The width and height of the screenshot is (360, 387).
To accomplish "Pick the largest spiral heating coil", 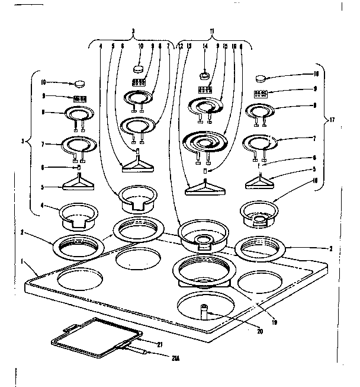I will click(205, 143).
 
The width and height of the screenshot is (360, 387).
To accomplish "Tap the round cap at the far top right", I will click(261, 77).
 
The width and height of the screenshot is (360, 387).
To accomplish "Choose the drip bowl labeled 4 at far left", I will click(78, 215).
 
